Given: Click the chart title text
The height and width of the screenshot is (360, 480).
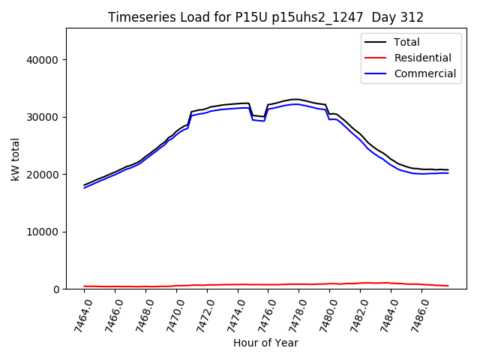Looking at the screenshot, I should [x=265, y=17].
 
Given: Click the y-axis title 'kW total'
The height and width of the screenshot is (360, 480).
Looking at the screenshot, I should [x=15, y=159].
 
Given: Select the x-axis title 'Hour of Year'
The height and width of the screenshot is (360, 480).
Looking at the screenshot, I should [x=265, y=343].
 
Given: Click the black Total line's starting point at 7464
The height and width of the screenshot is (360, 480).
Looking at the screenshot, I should [x=84, y=184].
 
